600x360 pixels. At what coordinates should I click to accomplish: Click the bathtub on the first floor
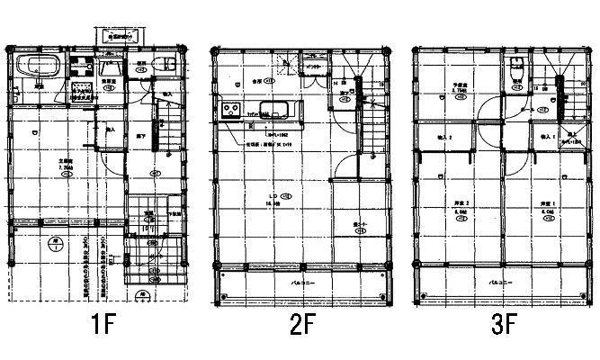click(39, 67)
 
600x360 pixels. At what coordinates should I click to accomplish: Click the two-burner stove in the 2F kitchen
click(228, 112)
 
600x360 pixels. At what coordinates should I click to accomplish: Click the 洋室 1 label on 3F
click(547, 204)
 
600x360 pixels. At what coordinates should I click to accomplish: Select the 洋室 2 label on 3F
click(458, 204)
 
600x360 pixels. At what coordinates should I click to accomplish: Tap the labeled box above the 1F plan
click(118, 36)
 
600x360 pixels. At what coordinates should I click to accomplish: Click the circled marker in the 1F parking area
click(56, 243)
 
